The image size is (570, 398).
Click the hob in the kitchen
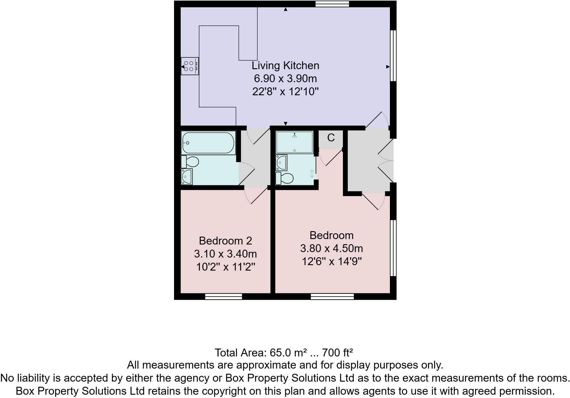point(189,66)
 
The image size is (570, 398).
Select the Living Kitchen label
point(285,66)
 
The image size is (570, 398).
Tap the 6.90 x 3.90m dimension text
point(285,79)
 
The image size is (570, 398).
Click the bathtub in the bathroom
point(208,143)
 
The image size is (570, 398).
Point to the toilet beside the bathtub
point(190,162)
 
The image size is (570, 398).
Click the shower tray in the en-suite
point(294,142)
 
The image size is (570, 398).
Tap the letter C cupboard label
point(331,138)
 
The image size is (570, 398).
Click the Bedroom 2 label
point(225,241)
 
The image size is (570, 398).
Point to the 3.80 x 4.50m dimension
point(331,248)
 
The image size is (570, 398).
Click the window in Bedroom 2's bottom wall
point(223,296)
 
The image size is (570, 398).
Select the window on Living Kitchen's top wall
point(332,4)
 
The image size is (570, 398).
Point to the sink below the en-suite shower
point(281,163)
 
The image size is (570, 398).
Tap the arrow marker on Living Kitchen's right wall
point(388,67)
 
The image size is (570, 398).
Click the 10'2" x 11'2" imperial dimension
point(225,267)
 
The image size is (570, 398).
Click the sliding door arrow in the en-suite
point(312,174)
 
